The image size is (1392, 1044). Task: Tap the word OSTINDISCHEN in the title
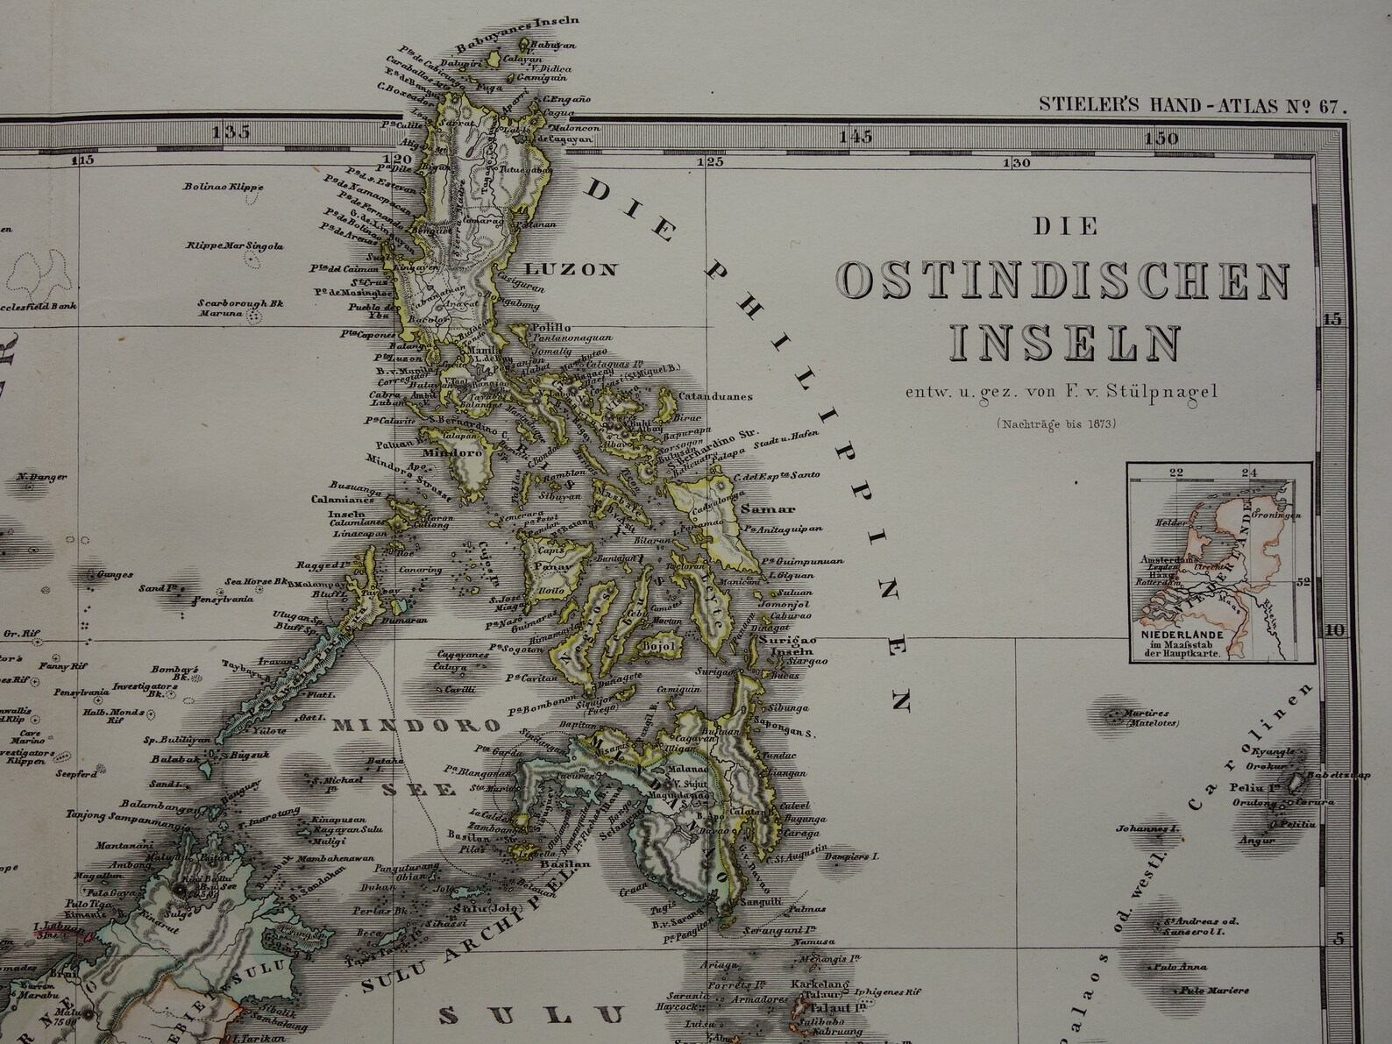tap(1064, 281)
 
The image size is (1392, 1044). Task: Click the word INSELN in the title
tap(1065, 342)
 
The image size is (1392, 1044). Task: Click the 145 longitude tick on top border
tap(856, 136)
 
